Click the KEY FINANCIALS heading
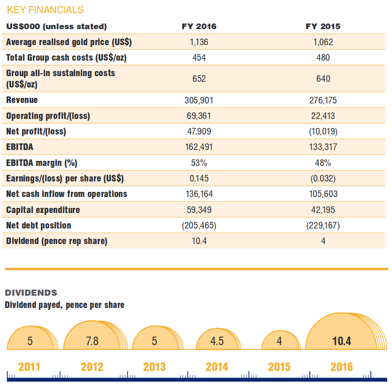45,10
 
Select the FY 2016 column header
199,26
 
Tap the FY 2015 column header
323,26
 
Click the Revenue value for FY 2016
199,100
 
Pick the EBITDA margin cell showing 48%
323,163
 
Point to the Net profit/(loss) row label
36,132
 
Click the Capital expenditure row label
43,210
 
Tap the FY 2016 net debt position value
199,226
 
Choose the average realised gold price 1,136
199,42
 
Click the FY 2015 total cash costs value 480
323,58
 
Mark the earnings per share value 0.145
199,179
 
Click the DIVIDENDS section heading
31,293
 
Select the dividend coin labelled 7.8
92,340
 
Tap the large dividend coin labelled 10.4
341,340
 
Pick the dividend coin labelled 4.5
217,341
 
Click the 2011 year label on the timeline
29,367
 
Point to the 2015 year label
279,367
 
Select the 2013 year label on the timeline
154,367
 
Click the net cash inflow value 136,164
199,194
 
